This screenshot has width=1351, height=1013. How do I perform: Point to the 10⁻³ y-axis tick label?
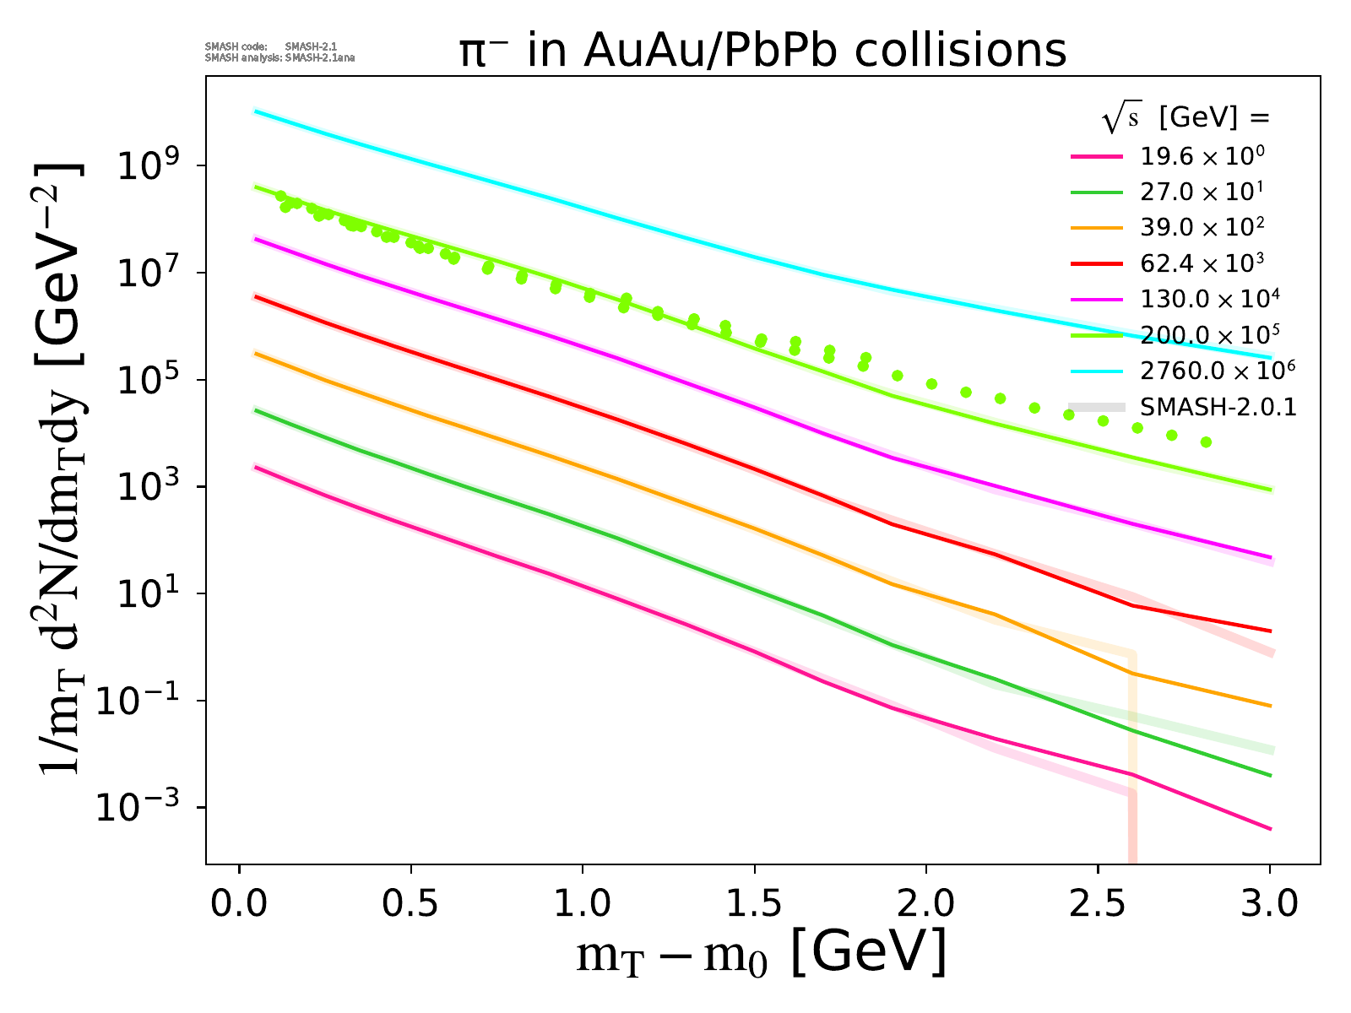146,808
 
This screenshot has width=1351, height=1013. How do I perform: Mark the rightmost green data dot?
1206,442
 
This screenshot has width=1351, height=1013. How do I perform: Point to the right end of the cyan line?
1270,357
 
